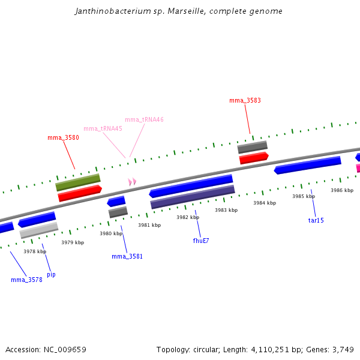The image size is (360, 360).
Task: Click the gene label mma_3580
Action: click(x=63, y=137)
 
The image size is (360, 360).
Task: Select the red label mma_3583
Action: click(x=245, y=100)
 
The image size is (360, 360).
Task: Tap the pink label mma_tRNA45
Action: click(x=103, y=128)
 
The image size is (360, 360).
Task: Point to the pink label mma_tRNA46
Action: click(x=144, y=119)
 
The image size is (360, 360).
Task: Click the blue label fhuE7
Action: click(x=201, y=241)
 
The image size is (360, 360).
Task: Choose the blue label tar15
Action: click(x=316, y=220)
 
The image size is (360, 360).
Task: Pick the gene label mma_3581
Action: click(x=127, y=256)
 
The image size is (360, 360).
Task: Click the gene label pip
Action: click(x=51, y=274)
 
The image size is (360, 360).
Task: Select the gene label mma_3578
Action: click(x=26, y=280)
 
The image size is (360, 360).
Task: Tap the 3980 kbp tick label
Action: click(x=111, y=233)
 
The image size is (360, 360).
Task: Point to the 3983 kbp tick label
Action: click(x=226, y=210)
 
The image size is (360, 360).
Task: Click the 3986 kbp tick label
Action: click(x=342, y=190)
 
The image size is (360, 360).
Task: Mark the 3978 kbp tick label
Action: click(x=35, y=251)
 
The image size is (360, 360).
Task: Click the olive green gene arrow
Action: click(x=78, y=182)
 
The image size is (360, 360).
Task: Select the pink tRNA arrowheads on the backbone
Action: click(x=132, y=181)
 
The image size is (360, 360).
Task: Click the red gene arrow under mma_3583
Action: click(x=254, y=158)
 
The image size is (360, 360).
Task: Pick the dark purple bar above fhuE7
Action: click(x=192, y=197)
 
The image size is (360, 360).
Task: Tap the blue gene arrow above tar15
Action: click(x=307, y=165)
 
